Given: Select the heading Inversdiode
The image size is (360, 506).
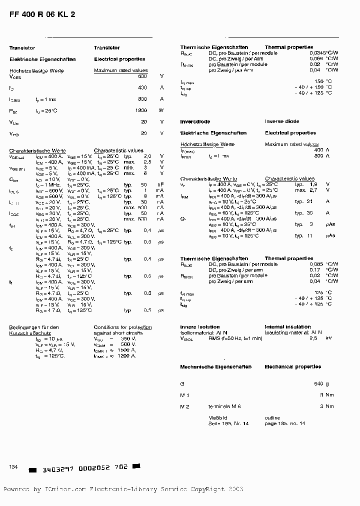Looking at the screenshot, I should click(x=195, y=121).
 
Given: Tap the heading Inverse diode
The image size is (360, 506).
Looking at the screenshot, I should click(x=282, y=121).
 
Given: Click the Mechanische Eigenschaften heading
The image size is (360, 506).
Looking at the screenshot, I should click(x=215, y=367).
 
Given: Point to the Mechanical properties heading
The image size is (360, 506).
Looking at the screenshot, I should click(x=293, y=367).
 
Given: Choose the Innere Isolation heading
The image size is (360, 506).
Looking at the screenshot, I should click(x=199, y=326).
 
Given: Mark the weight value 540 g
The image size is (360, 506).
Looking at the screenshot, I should click(x=321, y=384).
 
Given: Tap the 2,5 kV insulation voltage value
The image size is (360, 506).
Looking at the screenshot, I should click(x=320, y=338).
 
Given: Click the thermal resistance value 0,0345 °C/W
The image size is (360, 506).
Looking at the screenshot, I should click(x=323, y=53).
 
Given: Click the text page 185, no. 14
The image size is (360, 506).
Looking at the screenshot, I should click(x=285, y=423).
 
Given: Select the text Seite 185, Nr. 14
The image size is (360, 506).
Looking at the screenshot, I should click(x=228, y=423).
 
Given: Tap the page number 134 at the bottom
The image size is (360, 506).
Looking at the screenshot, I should click(x=13, y=466).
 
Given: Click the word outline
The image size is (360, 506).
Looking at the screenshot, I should click(x=272, y=417).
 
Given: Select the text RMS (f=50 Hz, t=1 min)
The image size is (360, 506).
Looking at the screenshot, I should click(x=235, y=338).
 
